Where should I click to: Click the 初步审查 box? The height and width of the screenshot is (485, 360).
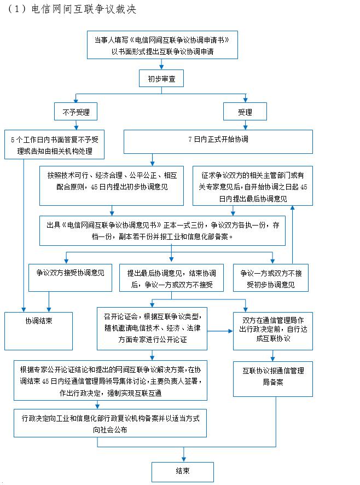click(x=161, y=79)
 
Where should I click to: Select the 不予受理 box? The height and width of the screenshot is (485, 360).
click(x=76, y=112)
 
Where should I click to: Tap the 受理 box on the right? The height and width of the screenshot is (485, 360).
click(x=245, y=112)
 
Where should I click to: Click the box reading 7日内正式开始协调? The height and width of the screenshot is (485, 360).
click(x=218, y=142)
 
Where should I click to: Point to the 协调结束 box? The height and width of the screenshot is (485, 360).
click(x=39, y=331)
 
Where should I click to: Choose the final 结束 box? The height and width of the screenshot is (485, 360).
click(x=183, y=472)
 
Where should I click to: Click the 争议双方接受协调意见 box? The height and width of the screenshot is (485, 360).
click(x=70, y=278)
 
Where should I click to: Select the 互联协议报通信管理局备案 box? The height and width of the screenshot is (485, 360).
click(x=273, y=379)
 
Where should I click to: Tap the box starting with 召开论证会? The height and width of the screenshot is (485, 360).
click(x=152, y=328)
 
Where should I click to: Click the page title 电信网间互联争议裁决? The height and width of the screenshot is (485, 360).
click(x=84, y=9)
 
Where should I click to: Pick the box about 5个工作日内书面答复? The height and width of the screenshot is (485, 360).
click(x=54, y=145)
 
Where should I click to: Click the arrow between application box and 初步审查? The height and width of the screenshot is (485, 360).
click(x=161, y=65)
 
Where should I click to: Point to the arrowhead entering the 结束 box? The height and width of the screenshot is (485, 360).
click(x=184, y=459)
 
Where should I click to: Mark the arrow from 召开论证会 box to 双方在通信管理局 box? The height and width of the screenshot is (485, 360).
click(x=220, y=331)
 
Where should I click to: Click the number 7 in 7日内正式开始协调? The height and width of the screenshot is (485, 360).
click(x=190, y=140)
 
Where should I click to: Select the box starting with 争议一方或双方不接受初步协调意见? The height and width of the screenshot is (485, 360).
click(x=271, y=278)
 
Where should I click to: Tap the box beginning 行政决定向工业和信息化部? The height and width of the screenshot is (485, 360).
click(x=110, y=423)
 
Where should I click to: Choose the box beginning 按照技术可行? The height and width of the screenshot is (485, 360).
click(x=112, y=186)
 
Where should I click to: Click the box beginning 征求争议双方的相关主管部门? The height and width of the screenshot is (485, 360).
click(x=253, y=186)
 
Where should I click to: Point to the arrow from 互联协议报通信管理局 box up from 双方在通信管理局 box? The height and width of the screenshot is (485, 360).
click(x=273, y=356)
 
